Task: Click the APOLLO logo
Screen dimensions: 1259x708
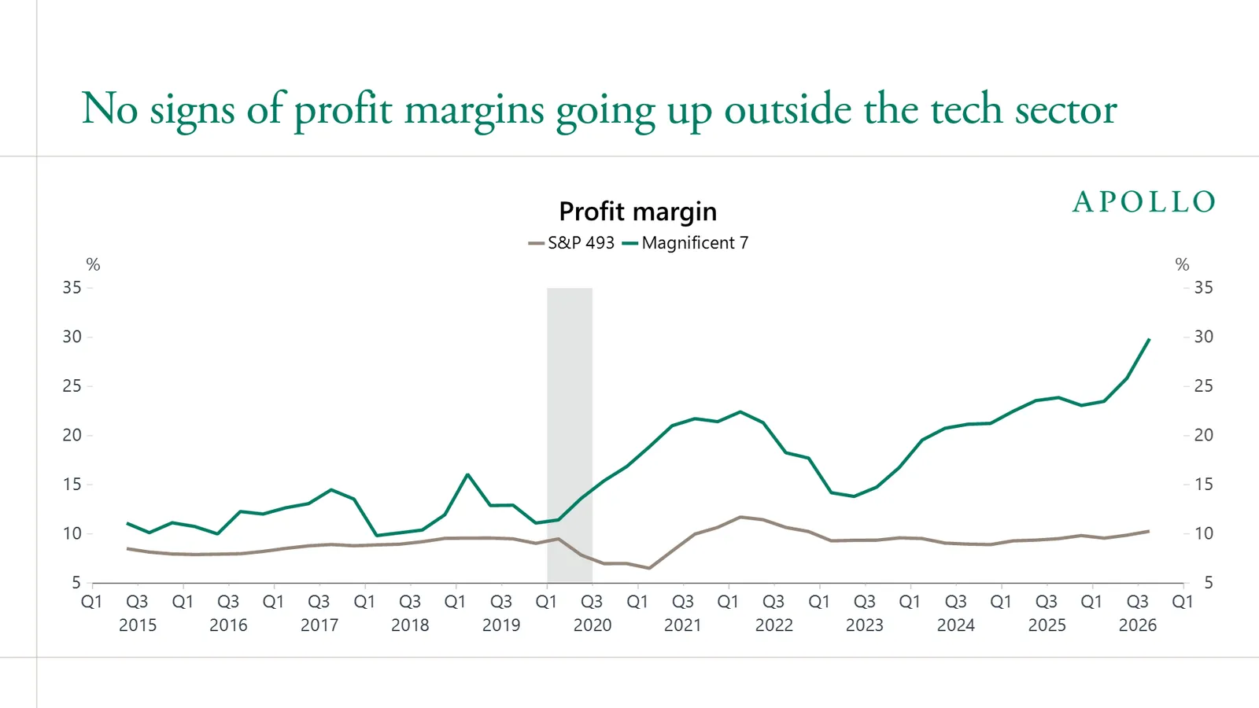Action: tap(1144, 201)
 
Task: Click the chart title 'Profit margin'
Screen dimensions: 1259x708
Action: tap(638, 212)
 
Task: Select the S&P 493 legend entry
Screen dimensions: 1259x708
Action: tap(571, 243)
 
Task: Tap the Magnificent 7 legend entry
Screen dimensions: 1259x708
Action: tap(685, 243)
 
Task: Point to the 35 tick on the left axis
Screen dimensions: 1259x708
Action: tap(72, 288)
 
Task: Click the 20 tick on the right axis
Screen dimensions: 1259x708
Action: tap(1204, 435)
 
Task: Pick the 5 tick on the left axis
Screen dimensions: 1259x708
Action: tap(76, 583)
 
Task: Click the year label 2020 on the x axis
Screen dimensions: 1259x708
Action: tap(593, 625)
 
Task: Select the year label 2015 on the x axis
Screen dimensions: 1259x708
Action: tap(138, 625)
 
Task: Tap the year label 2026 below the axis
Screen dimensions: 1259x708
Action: tap(1138, 625)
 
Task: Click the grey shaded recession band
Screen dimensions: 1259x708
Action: tap(570, 435)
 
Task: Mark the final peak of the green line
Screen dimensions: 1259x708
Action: tap(1149, 339)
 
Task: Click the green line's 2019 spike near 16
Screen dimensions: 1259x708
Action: tap(467, 474)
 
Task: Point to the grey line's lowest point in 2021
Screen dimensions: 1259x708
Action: tap(649, 568)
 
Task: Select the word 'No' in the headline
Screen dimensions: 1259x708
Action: tap(109, 109)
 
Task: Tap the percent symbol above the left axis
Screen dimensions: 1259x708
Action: tap(94, 264)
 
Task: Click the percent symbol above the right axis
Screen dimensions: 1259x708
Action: tap(1183, 264)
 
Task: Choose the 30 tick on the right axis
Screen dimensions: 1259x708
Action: tap(1204, 337)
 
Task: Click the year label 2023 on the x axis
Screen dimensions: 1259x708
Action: tap(865, 625)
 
